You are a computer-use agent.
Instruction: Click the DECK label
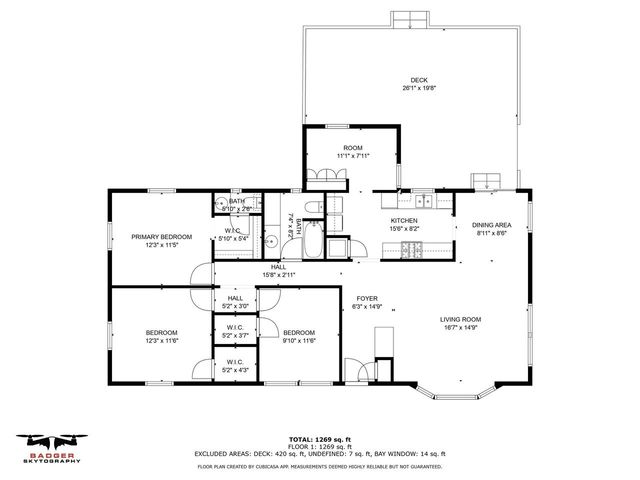(418, 80)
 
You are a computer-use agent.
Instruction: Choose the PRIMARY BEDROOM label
(161, 237)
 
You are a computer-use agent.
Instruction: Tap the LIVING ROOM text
(460, 320)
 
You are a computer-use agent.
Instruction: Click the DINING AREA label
(492, 225)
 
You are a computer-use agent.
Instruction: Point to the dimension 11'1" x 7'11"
(353, 156)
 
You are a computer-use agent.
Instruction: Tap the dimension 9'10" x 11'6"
(298, 341)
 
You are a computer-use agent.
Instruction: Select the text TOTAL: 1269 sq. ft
(320, 439)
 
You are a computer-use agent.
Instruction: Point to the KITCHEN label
(404, 220)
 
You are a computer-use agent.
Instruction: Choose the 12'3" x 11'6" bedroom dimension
(161, 341)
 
